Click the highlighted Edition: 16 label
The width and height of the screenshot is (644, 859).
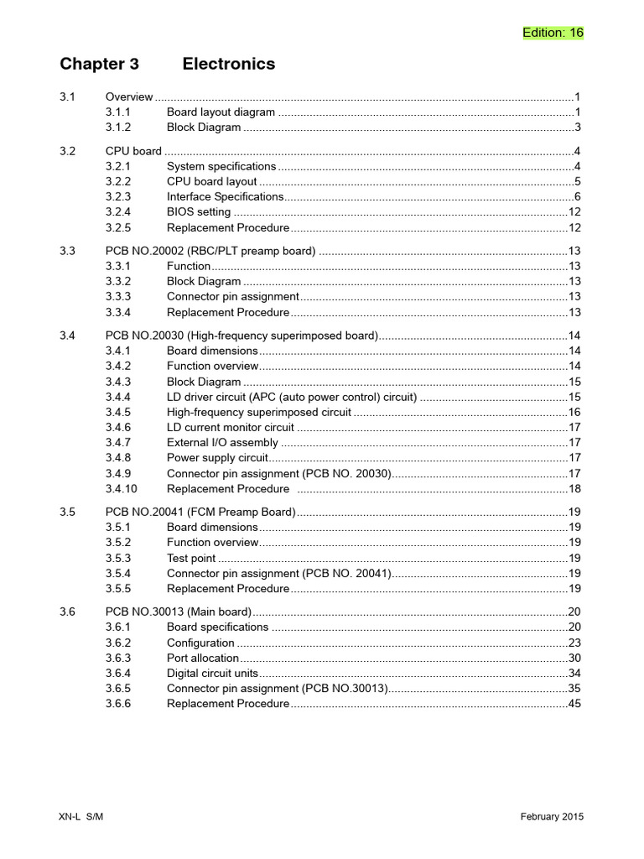(x=553, y=33)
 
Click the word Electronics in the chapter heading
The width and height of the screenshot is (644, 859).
(x=228, y=65)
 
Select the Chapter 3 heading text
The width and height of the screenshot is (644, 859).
(x=99, y=65)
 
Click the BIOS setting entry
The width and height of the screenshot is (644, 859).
(x=199, y=212)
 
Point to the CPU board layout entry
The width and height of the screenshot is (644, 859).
(x=212, y=181)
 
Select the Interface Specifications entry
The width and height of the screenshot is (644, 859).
(x=226, y=196)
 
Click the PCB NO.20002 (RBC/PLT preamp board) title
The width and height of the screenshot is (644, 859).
(x=210, y=251)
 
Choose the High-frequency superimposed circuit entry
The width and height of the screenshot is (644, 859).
(x=259, y=412)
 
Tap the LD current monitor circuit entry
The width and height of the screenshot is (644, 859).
(x=231, y=427)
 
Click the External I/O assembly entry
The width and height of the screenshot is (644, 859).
(x=222, y=442)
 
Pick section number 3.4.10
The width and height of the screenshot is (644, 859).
(x=122, y=488)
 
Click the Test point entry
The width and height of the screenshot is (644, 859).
(x=191, y=558)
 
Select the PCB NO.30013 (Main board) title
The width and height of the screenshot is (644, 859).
(x=179, y=612)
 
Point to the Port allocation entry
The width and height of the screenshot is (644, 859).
(x=203, y=659)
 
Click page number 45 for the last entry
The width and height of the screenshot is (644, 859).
(x=574, y=704)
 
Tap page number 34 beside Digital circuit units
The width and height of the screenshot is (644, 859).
(x=574, y=674)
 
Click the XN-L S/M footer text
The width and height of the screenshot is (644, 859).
(x=81, y=817)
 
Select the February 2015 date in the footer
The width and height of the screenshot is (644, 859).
(x=552, y=817)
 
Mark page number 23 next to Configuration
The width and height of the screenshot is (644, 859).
(x=574, y=643)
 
